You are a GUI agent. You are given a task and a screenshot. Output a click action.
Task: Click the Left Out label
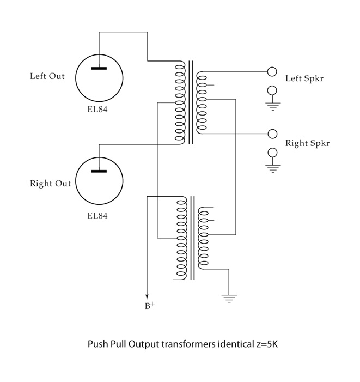(47, 76)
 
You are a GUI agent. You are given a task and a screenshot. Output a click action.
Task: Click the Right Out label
(50, 184)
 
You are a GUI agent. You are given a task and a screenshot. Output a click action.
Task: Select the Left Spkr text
(304, 78)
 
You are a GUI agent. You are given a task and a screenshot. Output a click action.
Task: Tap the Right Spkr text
(307, 143)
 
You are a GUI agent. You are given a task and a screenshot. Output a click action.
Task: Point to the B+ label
(149, 306)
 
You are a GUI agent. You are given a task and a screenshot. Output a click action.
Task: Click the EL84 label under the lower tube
(98, 215)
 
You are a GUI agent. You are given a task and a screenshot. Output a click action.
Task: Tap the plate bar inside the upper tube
(99, 68)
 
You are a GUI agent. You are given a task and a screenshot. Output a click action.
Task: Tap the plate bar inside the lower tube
(99, 171)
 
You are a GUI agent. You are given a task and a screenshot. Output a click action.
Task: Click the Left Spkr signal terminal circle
(272, 72)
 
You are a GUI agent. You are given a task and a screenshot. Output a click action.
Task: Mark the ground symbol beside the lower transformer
(229, 298)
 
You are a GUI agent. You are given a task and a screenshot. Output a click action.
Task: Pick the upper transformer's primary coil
(180, 102)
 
